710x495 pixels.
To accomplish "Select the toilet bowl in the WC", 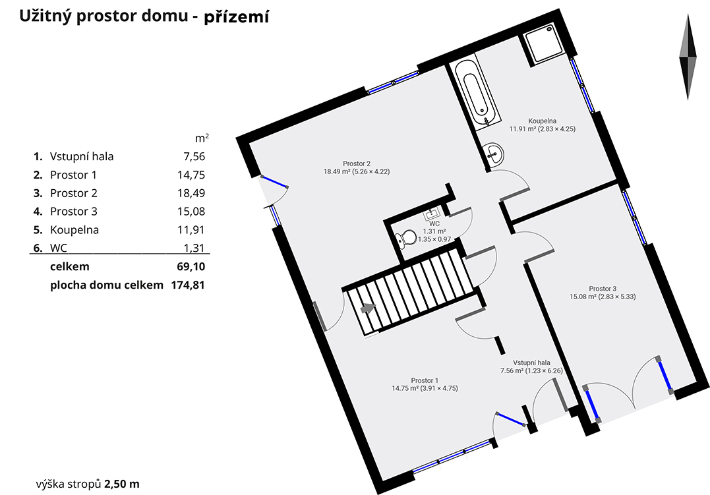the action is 405,238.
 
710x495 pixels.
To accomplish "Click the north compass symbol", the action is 688,57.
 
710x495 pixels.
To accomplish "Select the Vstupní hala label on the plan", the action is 531,363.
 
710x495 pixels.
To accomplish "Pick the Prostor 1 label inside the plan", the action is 425,380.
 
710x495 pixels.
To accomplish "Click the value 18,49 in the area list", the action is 191,193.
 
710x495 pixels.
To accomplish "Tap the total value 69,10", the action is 191,267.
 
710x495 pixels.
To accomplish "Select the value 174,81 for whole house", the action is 188,285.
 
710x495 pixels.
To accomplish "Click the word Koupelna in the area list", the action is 74,230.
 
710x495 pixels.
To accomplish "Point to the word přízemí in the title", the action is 237,17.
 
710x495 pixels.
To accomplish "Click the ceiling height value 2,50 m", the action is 122,484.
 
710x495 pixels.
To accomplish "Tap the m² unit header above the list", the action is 202,138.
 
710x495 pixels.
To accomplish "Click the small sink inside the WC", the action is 432,214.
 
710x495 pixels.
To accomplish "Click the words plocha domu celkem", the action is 106,285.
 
